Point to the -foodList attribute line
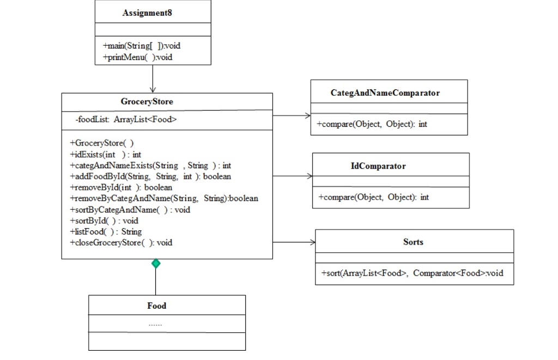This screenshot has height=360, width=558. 126,119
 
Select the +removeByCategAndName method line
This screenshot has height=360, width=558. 163,198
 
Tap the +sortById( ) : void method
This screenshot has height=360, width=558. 104,221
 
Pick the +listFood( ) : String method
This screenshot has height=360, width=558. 105,231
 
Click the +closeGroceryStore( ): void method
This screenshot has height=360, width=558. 120,242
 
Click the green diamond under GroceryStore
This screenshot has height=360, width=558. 156,264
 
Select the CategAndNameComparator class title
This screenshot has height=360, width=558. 385,93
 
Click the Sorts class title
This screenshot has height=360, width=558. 413,242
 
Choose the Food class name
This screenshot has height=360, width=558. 157,306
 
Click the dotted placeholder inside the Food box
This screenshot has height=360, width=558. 155,324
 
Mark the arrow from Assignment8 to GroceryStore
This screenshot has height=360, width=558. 153,78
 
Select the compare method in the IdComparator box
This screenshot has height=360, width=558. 373,197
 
